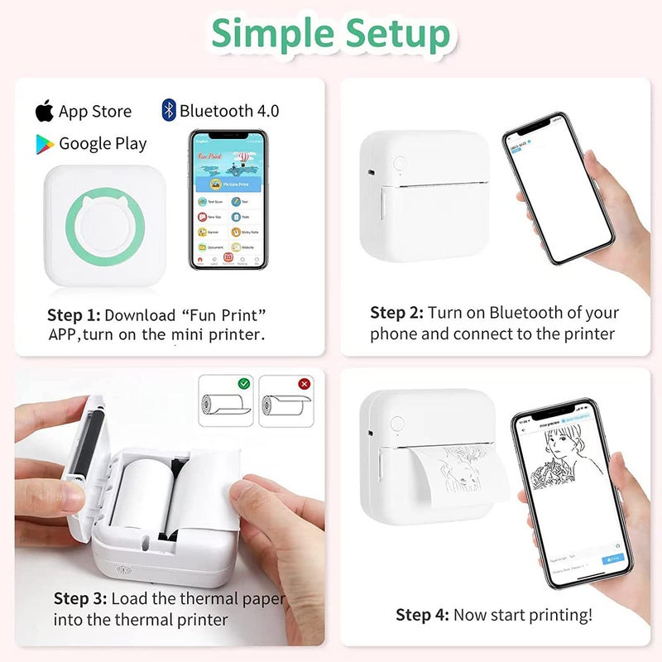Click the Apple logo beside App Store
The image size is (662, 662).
tap(45, 111)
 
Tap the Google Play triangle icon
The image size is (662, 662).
tap(45, 144)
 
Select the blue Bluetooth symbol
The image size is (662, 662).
tap(169, 110)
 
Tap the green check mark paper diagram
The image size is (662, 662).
tap(225, 401)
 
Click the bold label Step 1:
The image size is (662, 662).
tap(74, 314)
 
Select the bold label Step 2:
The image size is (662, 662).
tap(396, 313)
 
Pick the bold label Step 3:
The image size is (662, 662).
tap(80, 597)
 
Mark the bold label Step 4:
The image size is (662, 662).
tap(422, 614)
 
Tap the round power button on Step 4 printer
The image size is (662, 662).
tap(397, 423)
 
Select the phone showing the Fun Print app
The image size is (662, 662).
tap(228, 199)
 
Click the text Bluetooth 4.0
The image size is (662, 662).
tap(228, 111)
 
